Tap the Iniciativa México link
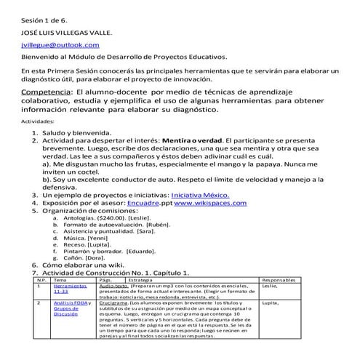click(200, 195)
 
